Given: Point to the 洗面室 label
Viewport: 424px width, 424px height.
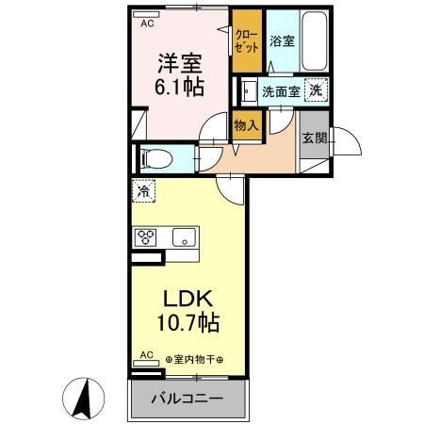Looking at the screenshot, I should click(x=281, y=91).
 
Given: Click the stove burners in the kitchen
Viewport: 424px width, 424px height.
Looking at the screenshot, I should click(x=147, y=236).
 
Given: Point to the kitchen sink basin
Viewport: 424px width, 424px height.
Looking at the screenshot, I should click(x=183, y=236).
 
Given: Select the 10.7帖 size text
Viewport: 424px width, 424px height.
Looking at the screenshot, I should click(x=188, y=324).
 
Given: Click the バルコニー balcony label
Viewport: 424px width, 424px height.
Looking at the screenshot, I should click(x=188, y=398).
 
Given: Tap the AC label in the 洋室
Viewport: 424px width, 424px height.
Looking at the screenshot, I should click(x=146, y=24).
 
